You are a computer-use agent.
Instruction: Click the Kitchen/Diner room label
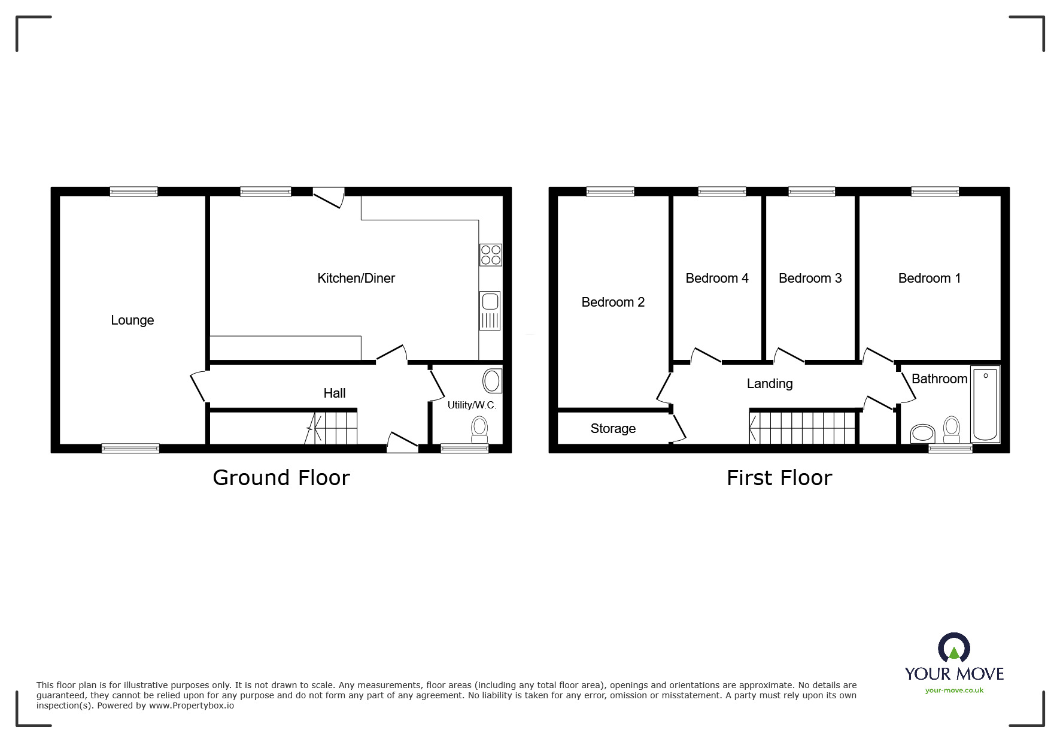tap(356, 278)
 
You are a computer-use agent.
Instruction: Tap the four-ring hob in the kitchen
tap(490, 255)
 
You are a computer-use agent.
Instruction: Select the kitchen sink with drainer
tap(489, 310)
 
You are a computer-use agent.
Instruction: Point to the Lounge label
tap(132, 320)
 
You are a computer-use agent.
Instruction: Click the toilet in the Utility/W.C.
tap(479, 428)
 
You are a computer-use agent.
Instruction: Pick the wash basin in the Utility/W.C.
tap(492, 380)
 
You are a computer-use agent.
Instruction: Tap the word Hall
tap(334, 393)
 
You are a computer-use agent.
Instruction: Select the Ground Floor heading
tap(281, 477)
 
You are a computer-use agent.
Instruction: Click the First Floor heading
tap(779, 477)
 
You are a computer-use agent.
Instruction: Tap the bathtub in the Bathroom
tap(985, 404)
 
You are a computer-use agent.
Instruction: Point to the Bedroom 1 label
tap(929, 278)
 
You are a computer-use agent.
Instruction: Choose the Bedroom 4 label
tap(716, 278)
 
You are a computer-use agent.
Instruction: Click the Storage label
tap(612, 428)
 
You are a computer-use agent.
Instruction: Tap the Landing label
tap(769, 383)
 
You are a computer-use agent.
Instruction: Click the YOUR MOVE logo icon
tap(953, 648)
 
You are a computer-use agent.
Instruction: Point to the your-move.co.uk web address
tap(954, 690)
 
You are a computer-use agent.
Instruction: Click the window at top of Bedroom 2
tap(610, 192)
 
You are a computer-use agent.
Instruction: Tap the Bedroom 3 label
tap(810, 278)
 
